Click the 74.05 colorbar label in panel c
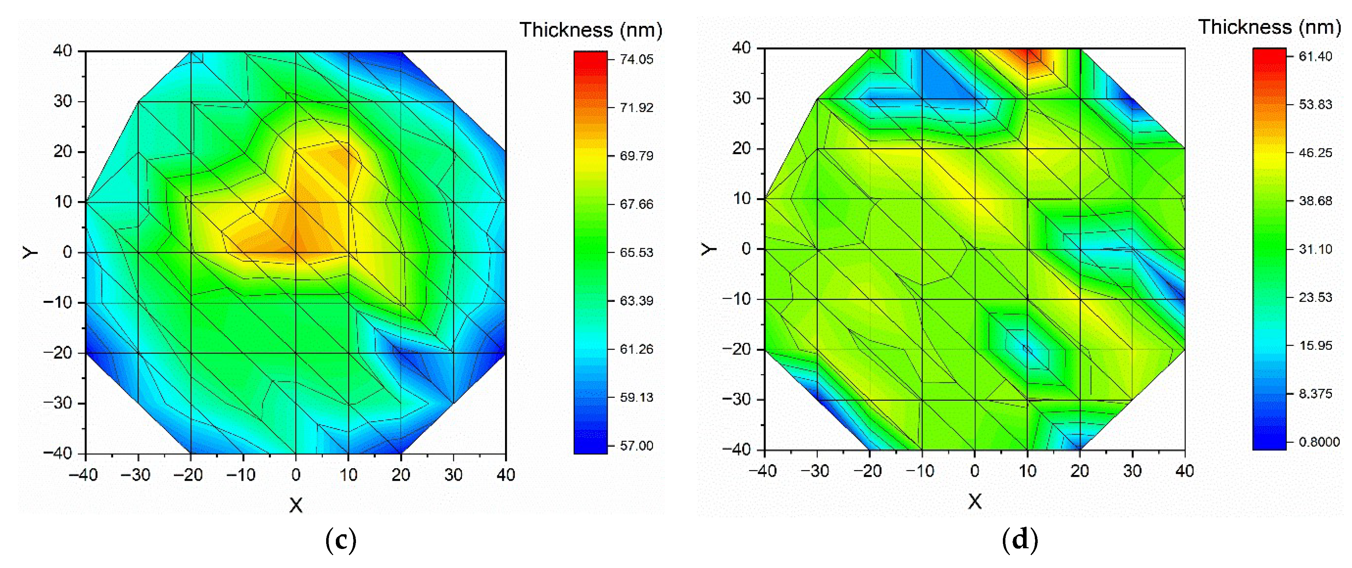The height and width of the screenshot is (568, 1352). pos(636,59)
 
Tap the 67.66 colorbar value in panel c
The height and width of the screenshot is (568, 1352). pos(636,204)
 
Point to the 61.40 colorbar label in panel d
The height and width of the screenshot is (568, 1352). pos(1315,56)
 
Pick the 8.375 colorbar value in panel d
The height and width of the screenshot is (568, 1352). pos(1315,394)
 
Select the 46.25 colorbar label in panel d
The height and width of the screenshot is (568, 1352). pos(1315,153)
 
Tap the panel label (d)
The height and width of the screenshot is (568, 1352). pos(1020,539)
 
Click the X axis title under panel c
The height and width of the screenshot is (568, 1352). pos(296,505)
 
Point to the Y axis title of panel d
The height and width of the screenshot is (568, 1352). pos(709,248)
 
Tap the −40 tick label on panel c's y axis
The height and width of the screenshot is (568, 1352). pos(58,453)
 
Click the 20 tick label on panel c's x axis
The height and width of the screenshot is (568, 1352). pos(400,475)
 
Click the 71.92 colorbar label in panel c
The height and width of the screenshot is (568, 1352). pos(636,107)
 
